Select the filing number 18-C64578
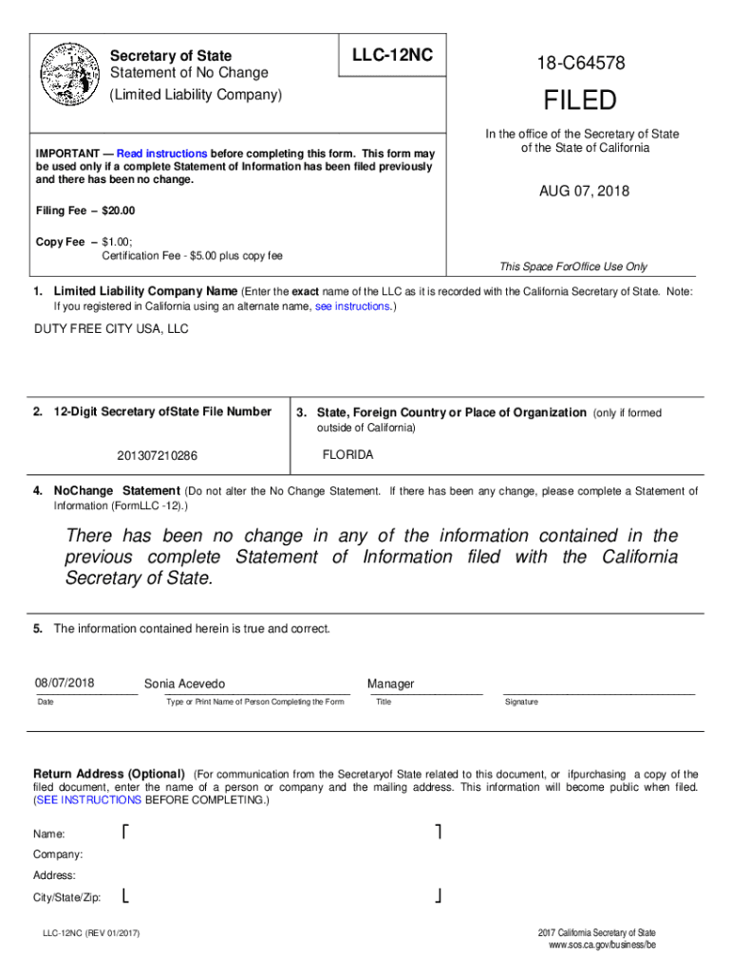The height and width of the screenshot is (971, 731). click(580, 64)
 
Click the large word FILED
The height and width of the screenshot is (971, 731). click(580, 101)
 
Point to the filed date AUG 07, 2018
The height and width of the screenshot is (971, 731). click(584, 192)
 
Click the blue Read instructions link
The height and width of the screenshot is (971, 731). click(161, 154)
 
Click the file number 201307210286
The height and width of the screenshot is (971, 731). click(158, 456)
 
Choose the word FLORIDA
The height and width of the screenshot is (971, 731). click(347, 455)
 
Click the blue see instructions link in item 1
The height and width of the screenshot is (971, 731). click(352, 307)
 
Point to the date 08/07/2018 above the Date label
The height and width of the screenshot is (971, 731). click(66, 683)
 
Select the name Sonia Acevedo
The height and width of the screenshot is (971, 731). click(184, 684)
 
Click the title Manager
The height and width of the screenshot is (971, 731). click(390, 684)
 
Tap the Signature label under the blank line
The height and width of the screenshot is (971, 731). click(521, 702)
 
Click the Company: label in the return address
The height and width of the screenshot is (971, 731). click(58, 854)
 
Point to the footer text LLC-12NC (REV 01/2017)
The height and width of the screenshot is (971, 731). click(91, 935)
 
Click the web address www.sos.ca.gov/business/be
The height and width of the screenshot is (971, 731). click(602, 945)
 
